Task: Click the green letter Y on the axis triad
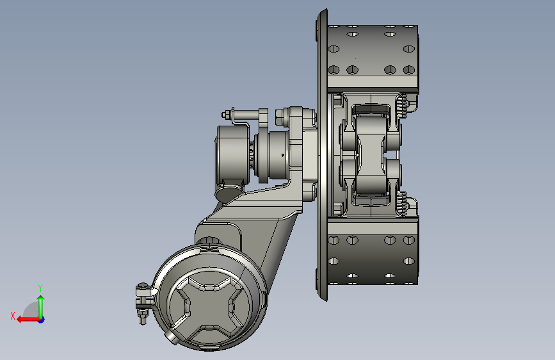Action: tap(40, 288)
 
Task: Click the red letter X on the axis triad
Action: tap(13, 316)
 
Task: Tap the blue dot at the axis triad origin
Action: tap(42, 320)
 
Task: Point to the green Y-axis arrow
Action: tap(41, 306)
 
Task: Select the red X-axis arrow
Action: tap(28, 320)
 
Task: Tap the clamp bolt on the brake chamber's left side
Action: tap(143, 304)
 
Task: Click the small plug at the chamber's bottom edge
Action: tap(171, 338)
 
